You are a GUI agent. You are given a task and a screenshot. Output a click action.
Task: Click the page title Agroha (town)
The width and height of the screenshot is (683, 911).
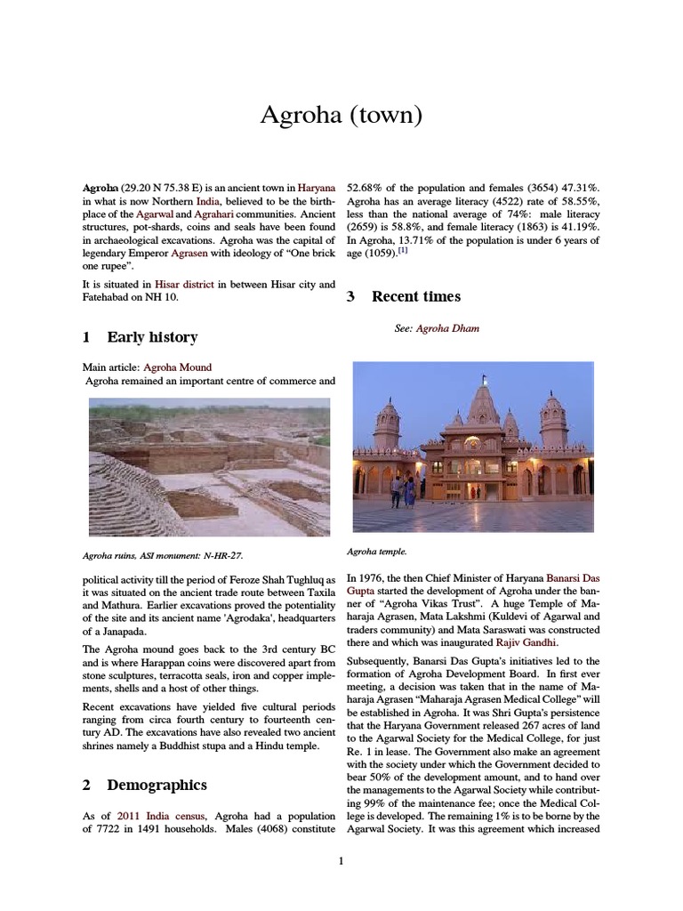pos(341,116)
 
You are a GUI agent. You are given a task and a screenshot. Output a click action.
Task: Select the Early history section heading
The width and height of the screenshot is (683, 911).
pos(152,337)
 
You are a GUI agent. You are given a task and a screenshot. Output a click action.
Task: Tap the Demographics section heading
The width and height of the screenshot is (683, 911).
pos(157,785)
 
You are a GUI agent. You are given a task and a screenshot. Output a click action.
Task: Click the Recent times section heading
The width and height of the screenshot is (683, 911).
pos(416,296)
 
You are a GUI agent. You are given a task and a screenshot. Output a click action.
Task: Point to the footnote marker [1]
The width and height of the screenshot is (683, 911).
pos(403,251)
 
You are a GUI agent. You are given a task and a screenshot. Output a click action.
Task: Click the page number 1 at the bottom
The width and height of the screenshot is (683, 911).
pos(341,860)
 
